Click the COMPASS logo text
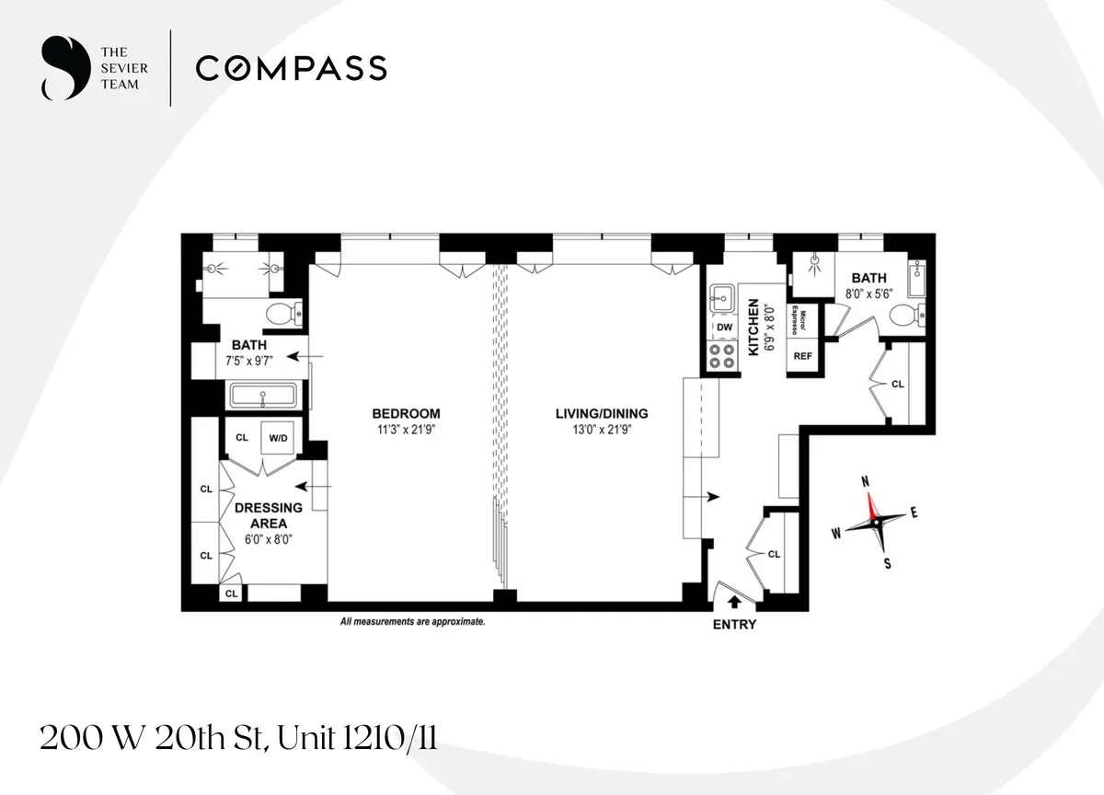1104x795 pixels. (291, 68)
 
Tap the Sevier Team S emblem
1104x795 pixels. (59, 67)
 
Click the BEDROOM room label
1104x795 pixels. (406, 413)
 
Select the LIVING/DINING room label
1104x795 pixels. (602, 413)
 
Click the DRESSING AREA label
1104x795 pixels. (269, 515)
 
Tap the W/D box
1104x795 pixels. (278, 438)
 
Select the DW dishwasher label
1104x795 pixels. (724, 327)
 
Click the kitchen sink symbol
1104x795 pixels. (721, 297)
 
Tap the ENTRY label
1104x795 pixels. (734, 625)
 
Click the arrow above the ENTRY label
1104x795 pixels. (734, 603)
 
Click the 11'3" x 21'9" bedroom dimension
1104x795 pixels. (406, 429)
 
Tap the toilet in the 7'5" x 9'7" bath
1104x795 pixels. (278, 315)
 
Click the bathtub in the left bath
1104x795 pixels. (263, 397)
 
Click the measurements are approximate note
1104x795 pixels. (412, 622)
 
